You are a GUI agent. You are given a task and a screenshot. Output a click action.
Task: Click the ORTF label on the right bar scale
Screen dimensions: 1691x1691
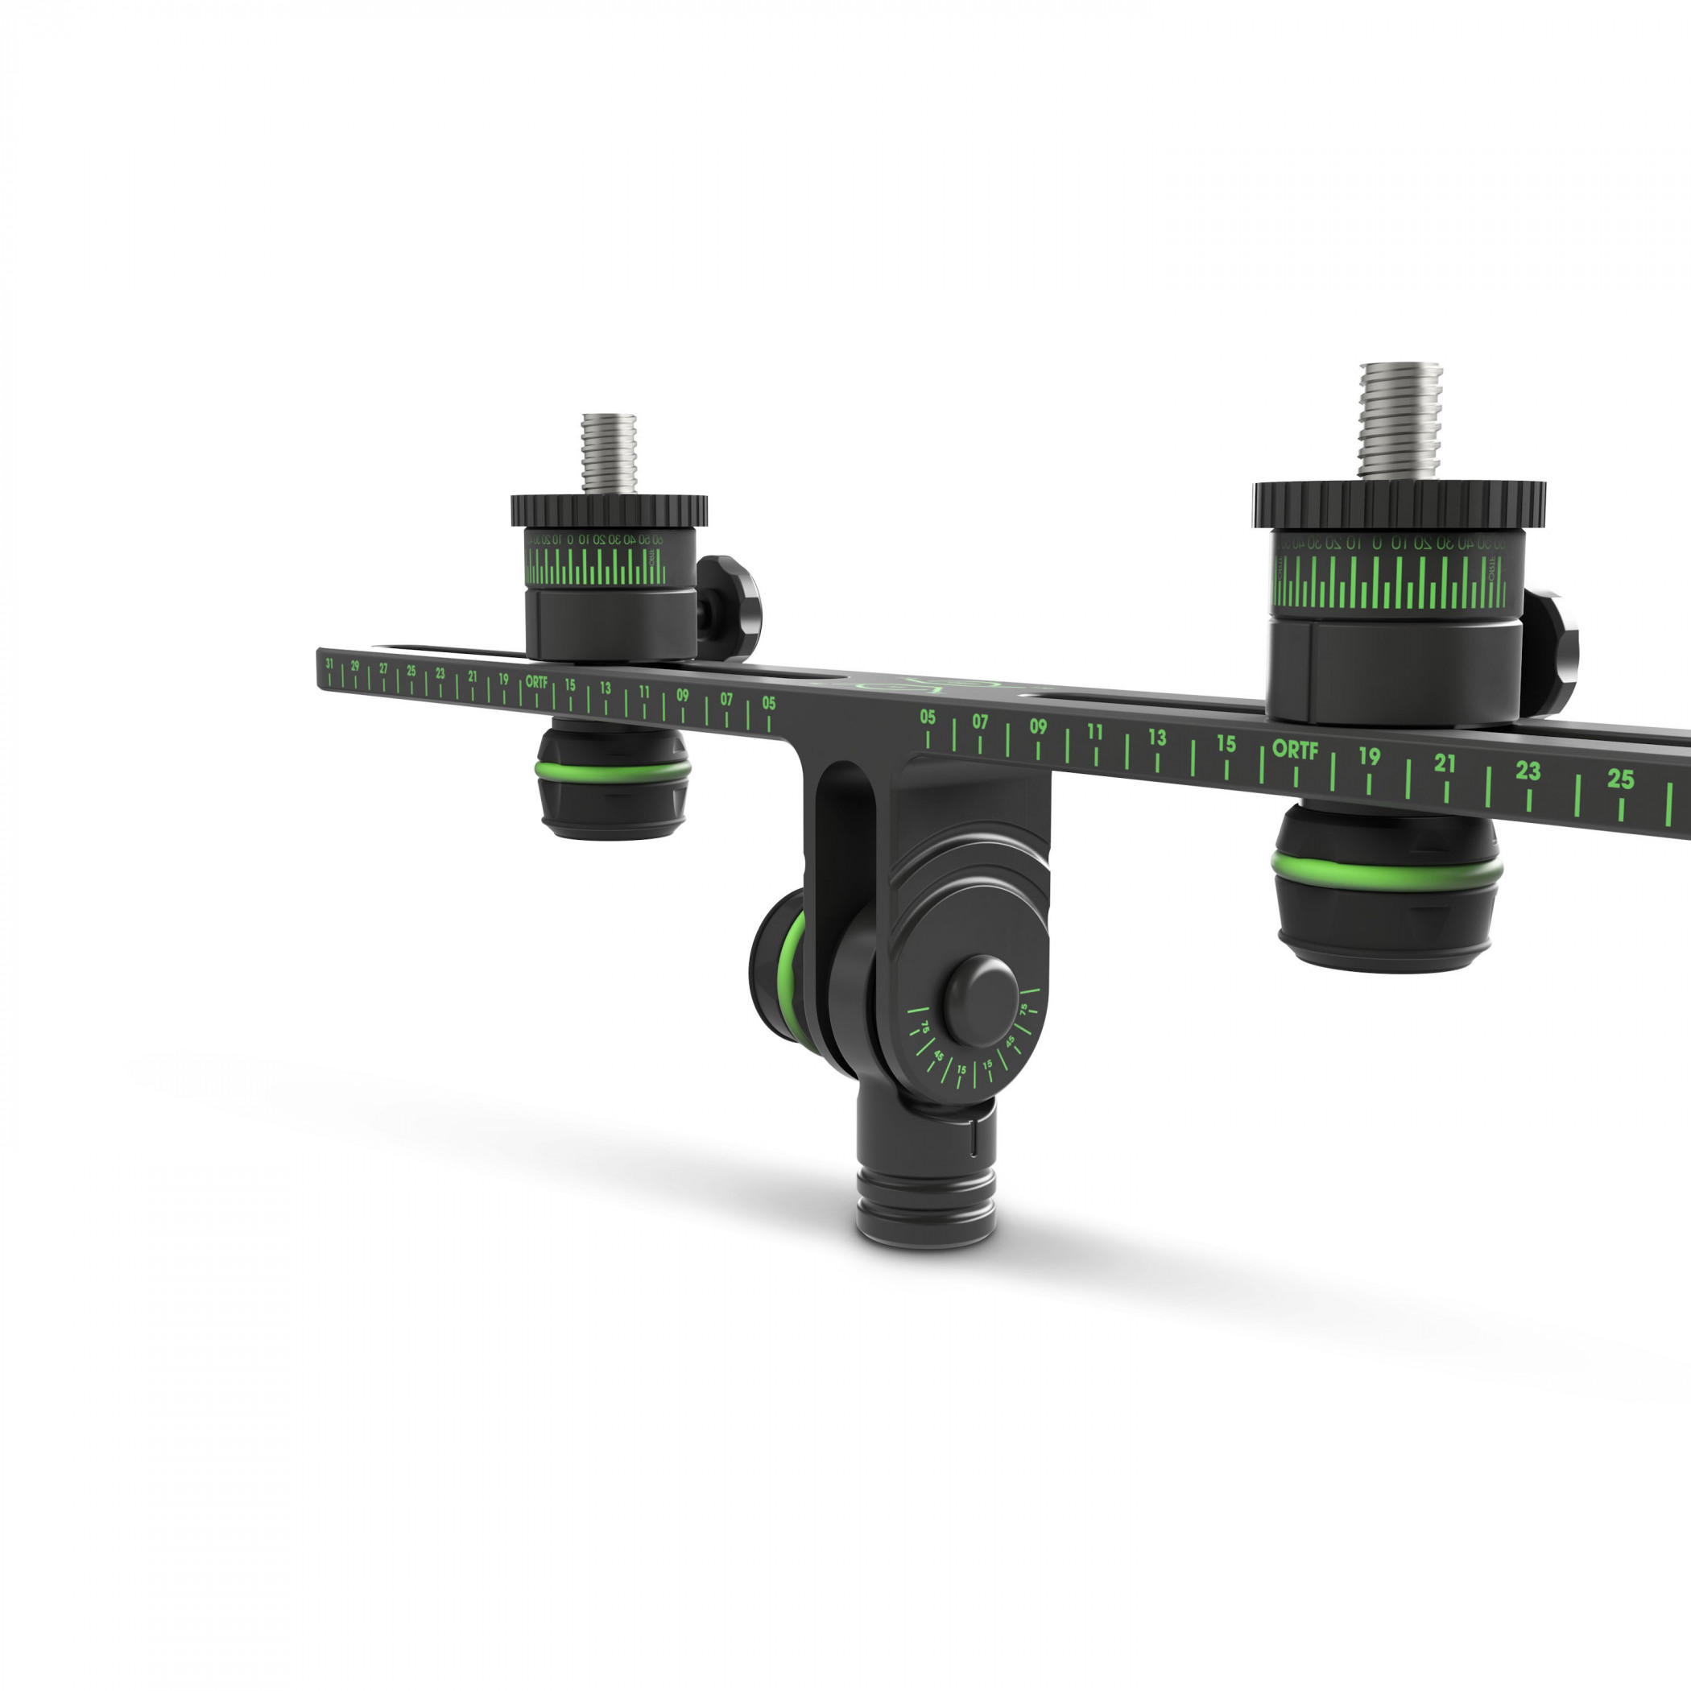[x=1295, y=750]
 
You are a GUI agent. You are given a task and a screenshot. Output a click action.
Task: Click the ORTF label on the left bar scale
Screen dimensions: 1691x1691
[x=536, y=682]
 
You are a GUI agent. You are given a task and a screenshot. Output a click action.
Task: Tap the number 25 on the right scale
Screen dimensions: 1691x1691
[x=1620, y=779]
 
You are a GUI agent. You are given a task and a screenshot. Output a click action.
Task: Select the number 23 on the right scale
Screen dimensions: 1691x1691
[x=1528, y=771]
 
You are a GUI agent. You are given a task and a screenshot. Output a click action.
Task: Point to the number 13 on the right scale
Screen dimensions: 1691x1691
[x=1157, y=738]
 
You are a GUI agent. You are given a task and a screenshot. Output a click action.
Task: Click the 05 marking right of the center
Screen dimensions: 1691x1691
[x=928, y=717]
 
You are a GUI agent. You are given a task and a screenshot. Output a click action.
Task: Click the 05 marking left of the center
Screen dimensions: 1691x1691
[x=768, y=703]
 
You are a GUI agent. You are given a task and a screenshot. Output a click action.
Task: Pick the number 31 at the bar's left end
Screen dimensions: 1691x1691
[x=329, y=664]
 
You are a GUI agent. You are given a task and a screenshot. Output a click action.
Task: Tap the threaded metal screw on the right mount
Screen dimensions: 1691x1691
[x=1400, y=420]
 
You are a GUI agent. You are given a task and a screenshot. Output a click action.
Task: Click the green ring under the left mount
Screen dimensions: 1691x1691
[x=613, y=768]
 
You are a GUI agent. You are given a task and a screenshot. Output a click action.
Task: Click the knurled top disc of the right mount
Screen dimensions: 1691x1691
[x=1399, y=502]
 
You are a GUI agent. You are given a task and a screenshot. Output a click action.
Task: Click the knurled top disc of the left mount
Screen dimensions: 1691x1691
[x=610, y=510]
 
